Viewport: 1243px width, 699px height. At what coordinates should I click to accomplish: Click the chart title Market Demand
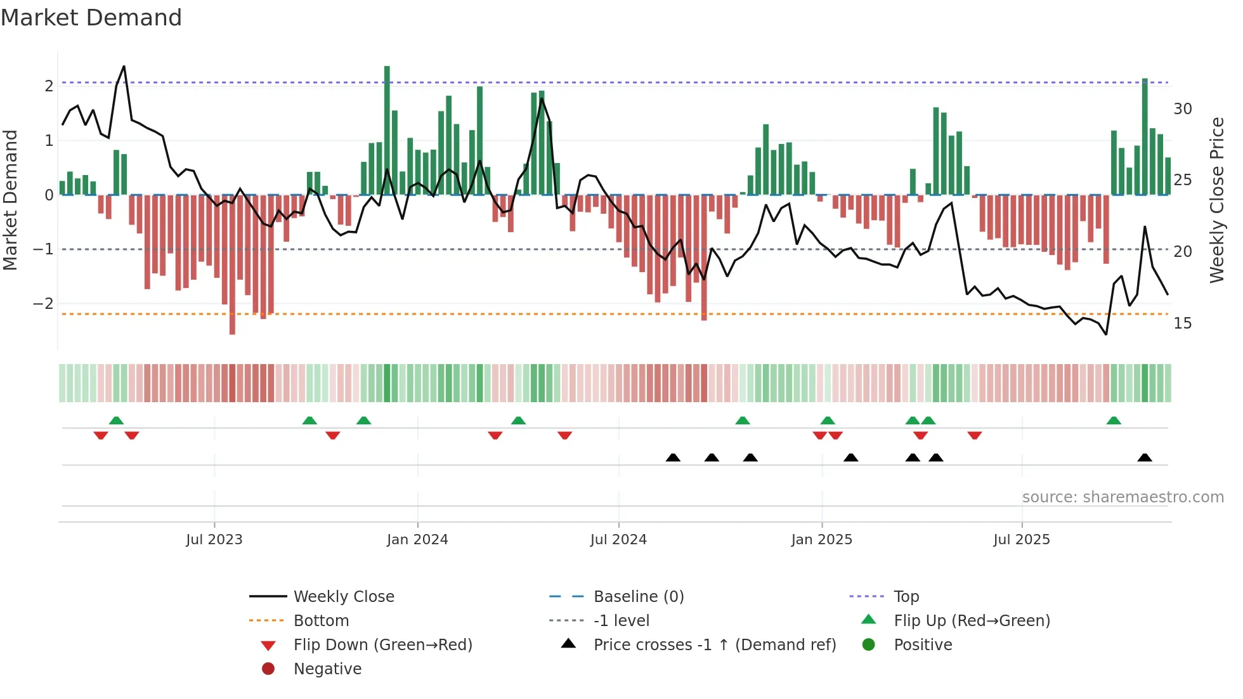coord(91,18)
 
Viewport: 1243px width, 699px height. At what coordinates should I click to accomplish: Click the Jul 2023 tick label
coord(214,540)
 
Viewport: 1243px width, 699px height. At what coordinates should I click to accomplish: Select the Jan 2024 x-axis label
coord(417,540)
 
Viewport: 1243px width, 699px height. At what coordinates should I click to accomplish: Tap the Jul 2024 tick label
coord(618,540)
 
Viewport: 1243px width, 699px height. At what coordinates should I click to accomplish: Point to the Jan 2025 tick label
coord(822,540)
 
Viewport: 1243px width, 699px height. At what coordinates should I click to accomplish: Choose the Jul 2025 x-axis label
coord(1022,540)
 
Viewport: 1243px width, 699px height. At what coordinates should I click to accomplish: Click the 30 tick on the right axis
coord(1182,109)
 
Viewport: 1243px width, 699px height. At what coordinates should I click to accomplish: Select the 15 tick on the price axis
coord(1182,323)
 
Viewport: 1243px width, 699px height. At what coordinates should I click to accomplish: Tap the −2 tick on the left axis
coord(43,304)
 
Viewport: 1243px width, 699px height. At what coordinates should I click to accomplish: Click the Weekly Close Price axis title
coord(1216,200)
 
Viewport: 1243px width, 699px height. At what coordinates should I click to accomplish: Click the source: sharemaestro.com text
coord(1123,497)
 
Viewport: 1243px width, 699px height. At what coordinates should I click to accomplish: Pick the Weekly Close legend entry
coord(343,597)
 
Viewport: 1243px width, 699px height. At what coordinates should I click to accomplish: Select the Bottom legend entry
coord(321,621)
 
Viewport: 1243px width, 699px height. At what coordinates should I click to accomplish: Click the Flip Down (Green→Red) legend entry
coord(382,645)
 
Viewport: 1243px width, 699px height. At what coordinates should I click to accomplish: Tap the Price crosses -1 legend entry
coord(714,645)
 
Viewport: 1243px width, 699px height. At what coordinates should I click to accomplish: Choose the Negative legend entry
coord(327,669)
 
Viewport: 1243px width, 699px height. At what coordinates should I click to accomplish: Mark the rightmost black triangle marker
coord(1145,458)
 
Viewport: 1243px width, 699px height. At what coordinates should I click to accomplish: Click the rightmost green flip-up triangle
coord(1114,421)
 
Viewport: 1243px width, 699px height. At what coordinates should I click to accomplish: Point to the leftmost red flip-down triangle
coord(101,435)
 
